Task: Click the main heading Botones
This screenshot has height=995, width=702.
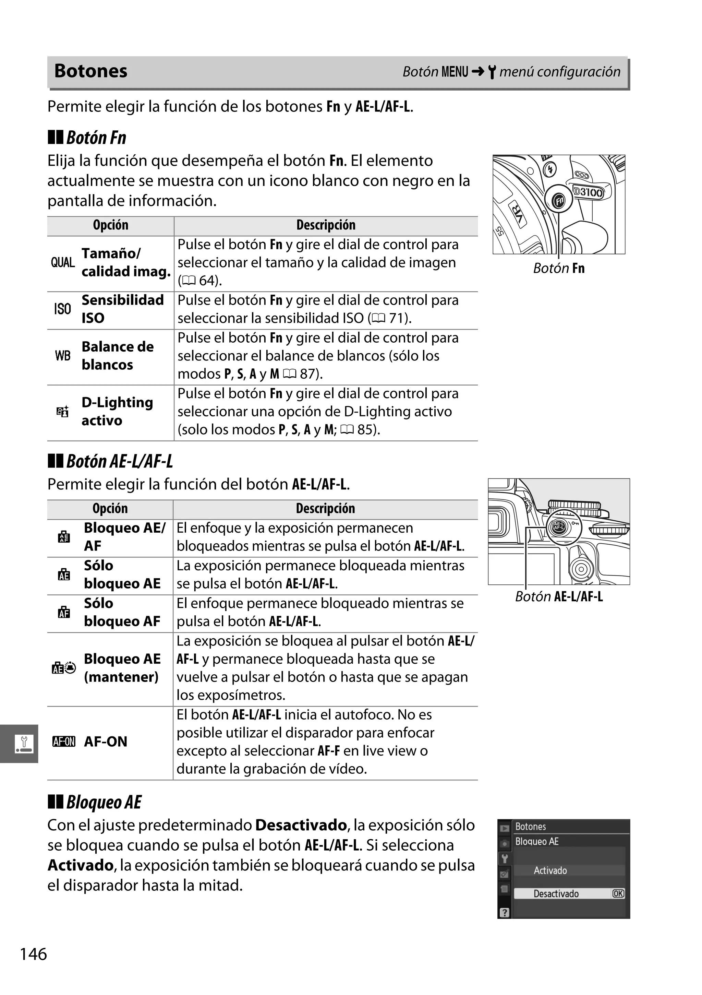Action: (x=90, y=71)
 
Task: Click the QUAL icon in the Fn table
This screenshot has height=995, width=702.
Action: (x=63, y=263)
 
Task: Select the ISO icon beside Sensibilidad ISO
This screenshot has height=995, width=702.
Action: (x=62, y=309)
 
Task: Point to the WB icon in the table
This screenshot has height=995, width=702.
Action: (x=63, y=356)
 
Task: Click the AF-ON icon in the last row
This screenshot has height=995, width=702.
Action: (x=64, y=742)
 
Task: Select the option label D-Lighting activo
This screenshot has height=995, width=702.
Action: (x=117, y=411)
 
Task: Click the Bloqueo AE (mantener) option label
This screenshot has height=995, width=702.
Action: (x=122, y=668)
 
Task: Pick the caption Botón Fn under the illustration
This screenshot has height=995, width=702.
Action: (x=559, y=268)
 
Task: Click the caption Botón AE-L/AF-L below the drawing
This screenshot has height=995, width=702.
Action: (x=559, y=597)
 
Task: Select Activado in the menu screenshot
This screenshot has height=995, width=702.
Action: (x=550, y=870)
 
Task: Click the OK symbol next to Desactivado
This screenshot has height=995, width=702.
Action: (x=618, y=893)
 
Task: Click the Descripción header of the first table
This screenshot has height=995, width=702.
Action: (x=326, y=225)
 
